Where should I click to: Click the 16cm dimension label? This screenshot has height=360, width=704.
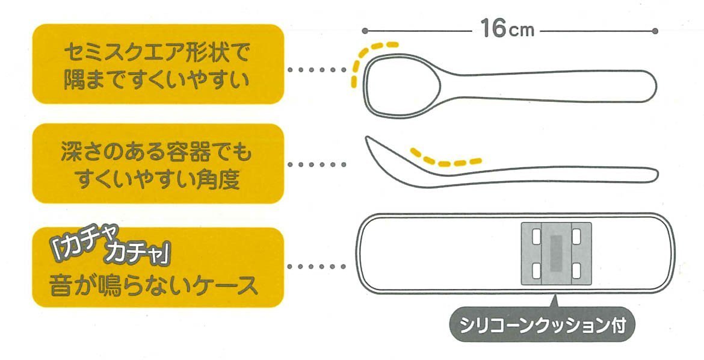coord(507,29)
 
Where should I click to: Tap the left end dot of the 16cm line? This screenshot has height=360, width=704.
coord(365,31)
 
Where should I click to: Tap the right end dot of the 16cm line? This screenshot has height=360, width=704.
coord(655,31)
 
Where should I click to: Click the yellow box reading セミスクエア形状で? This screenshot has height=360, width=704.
coord(157,64)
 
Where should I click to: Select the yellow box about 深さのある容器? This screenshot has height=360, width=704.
coord(157,164)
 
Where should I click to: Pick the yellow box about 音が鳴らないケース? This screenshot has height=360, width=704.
coord(157,267)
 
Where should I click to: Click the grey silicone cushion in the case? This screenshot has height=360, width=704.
coord(556,252)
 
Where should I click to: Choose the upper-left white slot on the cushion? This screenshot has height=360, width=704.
coord(536,235)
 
